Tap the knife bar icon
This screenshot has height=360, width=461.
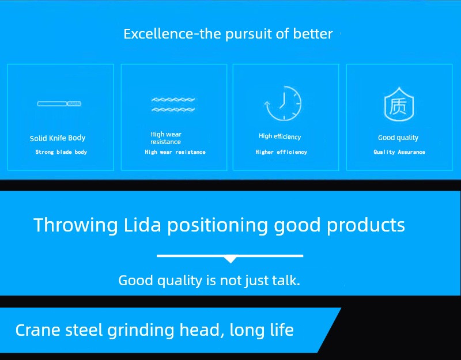pos(59,104)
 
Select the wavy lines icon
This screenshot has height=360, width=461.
pos(173,105)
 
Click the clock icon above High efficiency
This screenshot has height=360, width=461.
pos(283,104)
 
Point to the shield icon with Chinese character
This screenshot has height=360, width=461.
pos(399,104)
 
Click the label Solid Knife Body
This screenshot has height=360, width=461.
pos(58,138)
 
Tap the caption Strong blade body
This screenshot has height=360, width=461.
pos(61,152)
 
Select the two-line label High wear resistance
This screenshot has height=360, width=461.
pos(166,138)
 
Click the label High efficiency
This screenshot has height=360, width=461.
pos(280,137)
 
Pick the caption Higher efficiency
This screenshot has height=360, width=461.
pos(281,152)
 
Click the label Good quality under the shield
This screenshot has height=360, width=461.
pos(398,138)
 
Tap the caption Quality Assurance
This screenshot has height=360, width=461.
pos(399,152)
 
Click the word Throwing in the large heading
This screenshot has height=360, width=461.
pos(75,226)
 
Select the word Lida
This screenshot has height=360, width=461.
pos(142,225)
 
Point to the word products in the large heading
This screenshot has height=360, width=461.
pos(366,226)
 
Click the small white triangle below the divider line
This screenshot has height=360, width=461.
pos(231,260)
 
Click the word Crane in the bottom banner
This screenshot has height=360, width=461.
pos(37,329)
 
